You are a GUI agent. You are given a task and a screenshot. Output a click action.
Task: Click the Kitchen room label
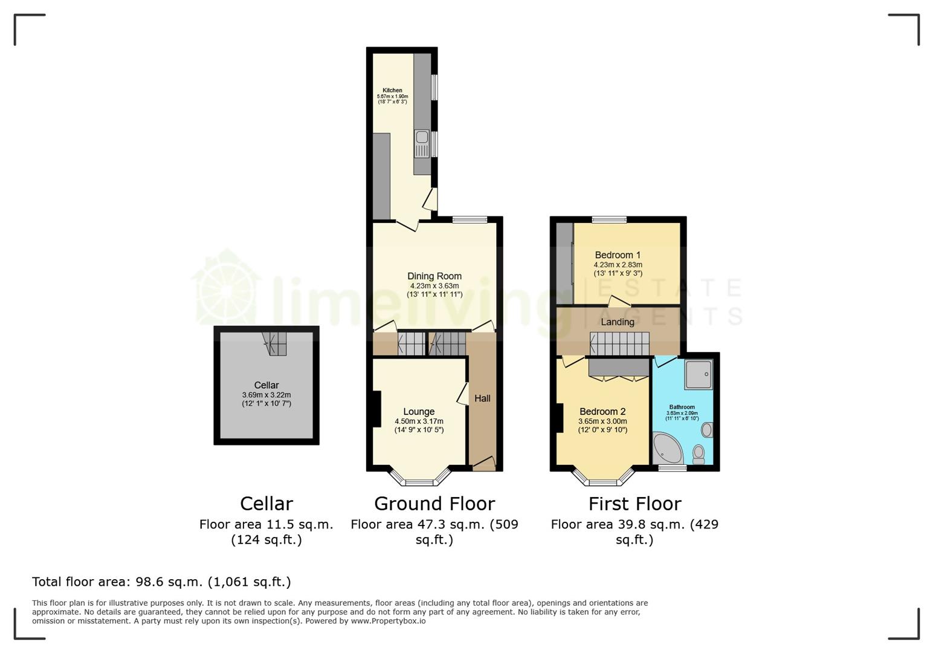[392, 90]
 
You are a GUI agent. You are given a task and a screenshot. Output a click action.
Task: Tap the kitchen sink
[422, 144]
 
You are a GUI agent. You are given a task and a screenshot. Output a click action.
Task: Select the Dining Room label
[434, 276]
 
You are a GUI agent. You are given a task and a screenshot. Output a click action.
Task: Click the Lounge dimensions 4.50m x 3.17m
[419, 421]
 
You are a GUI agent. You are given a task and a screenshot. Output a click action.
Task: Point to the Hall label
[482, 398]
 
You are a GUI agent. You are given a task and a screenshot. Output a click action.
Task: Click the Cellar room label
[266, 385]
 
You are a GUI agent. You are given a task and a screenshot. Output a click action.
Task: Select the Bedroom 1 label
[618, 255]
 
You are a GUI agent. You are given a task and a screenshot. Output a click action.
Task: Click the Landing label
[618, 322]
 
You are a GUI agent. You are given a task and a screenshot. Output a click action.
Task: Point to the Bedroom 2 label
[602, 412]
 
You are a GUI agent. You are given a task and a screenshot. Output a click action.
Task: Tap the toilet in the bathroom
[699, 453]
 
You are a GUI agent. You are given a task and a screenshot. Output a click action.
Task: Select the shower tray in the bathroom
[698, 374]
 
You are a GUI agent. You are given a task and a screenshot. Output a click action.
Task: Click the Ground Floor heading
[434, 504]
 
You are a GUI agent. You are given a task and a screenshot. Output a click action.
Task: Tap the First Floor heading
[634, 504]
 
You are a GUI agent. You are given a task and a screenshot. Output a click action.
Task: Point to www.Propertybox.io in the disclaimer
[388, 621]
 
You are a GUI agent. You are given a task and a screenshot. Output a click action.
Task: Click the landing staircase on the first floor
[619, 343]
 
